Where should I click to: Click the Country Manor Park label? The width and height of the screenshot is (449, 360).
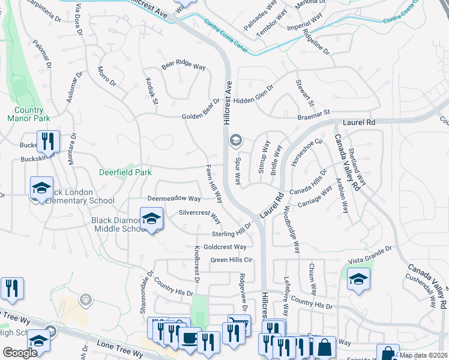(29, 114)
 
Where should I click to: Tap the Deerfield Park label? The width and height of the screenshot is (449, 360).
(125, 172)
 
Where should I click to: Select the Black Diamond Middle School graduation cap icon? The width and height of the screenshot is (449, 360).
(152, 219)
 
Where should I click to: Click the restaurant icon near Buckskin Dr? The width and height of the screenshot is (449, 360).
(48, 142)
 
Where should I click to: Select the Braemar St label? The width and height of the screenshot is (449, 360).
(314, 113)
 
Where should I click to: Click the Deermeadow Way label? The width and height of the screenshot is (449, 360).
(174, 198)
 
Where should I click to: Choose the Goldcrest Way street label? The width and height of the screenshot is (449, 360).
(224, 247)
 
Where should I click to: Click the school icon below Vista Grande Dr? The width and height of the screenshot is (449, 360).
(358, 280)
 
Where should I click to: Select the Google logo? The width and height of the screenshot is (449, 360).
(20, 353)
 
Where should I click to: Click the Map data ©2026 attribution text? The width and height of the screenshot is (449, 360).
(424, 355)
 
